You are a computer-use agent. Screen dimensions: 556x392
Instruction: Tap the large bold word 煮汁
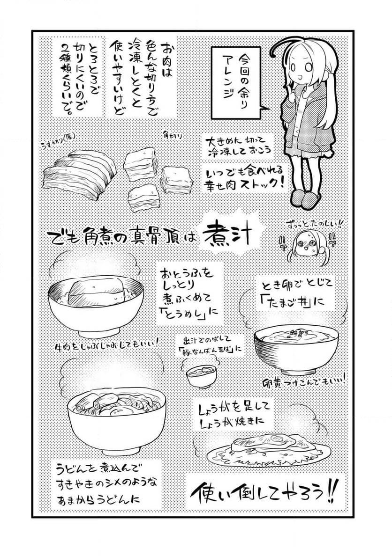tap(227, 238)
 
